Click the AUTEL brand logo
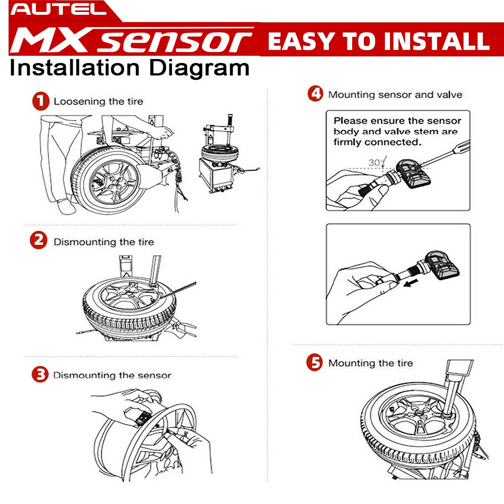(x=59, y=9)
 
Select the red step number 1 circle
(x=41, y=101)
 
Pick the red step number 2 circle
(x=38, y=240)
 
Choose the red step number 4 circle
(x=316, y=94)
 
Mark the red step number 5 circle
(x=315, y=362)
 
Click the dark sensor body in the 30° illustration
(x=414, y=174)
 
